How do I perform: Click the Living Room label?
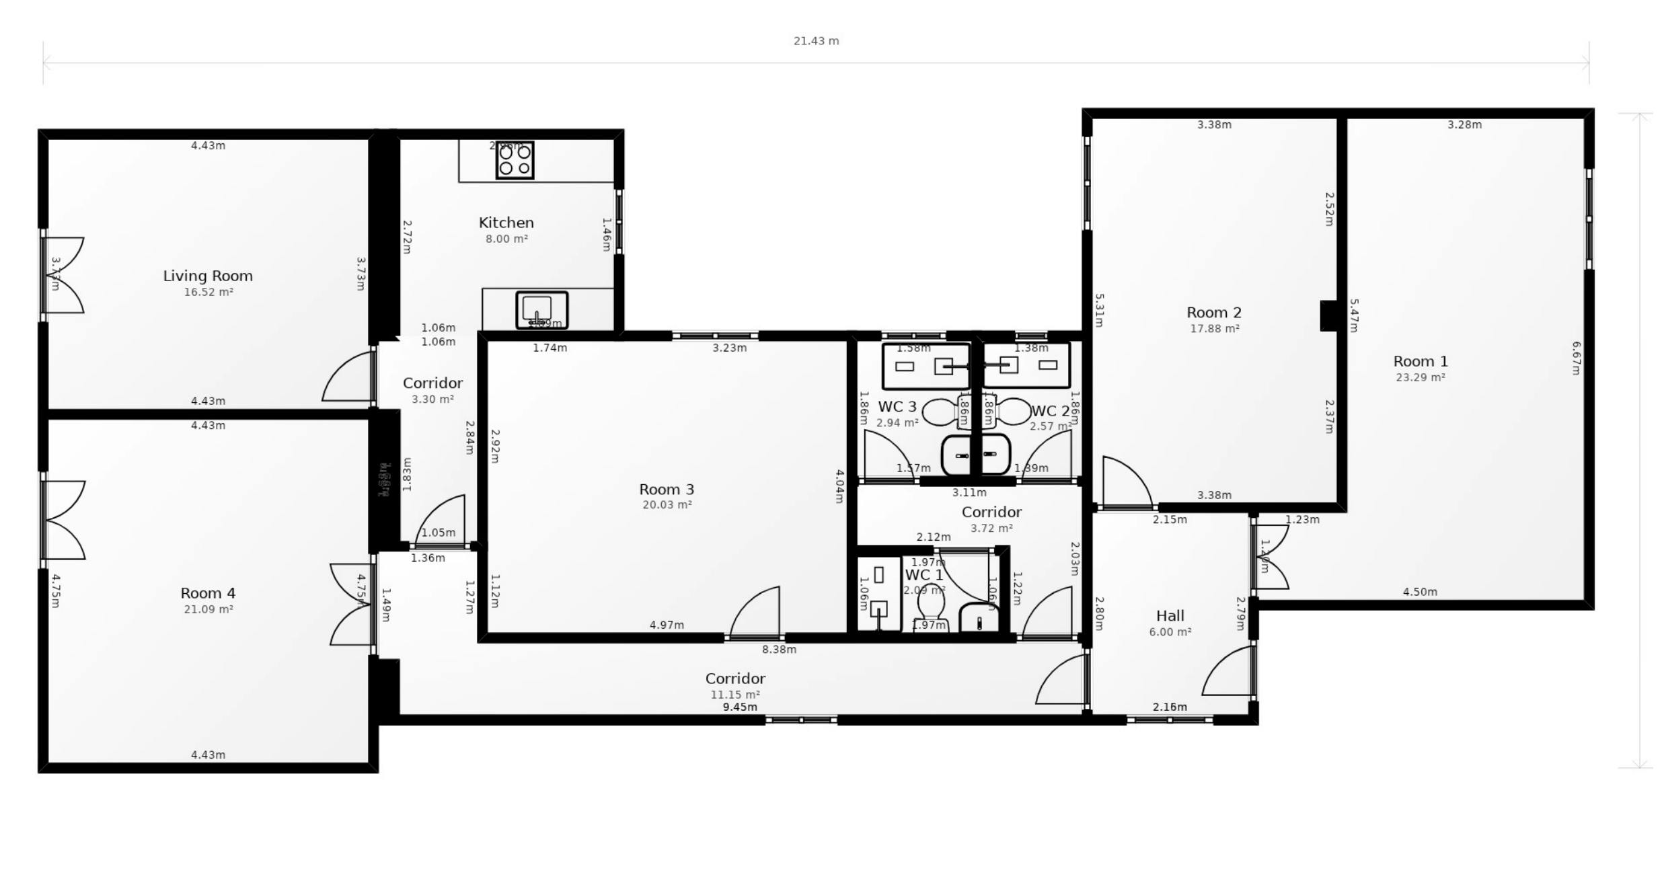208,276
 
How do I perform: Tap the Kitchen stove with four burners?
515,160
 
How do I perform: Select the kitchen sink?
541,310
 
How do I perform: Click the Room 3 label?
666,489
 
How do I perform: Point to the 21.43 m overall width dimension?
816,41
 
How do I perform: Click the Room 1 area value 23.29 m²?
1420,377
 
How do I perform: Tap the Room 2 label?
1213,313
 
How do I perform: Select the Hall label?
1170,615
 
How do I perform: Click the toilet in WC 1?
932,609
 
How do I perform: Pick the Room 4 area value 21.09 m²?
209,609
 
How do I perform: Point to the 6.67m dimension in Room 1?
1575,358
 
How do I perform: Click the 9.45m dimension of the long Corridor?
739,707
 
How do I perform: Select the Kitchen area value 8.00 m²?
506,239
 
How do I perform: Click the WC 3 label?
897,407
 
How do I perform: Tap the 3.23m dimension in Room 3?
729,348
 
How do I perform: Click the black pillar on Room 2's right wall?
1328,315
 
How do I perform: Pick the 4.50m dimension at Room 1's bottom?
1419,592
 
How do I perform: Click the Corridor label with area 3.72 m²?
991,512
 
